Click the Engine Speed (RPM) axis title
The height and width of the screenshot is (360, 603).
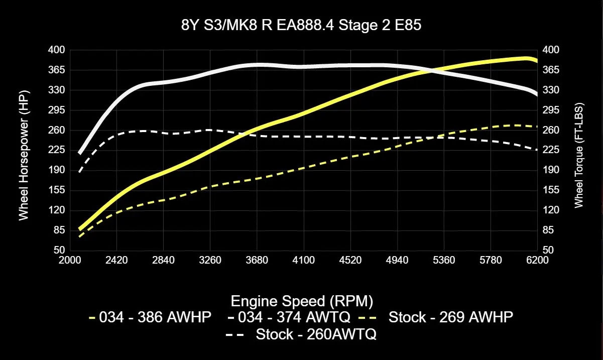click(301, 301)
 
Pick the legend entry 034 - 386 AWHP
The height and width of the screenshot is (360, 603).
click(150, 317)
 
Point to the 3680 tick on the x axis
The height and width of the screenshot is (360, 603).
click(257, 260)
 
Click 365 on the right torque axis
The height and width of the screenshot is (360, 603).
click(551, 70)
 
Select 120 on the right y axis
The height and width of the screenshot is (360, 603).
click(551, 210)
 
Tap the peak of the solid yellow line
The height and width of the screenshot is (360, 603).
click(525, 58)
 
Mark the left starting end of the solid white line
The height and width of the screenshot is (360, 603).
click(80, 153)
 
